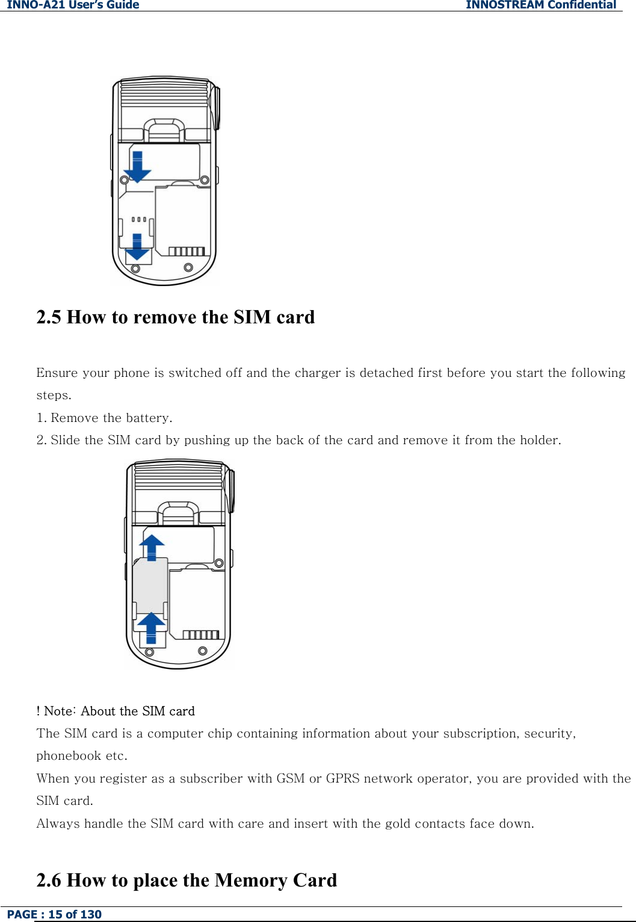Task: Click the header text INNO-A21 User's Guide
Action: [x=73, y=5]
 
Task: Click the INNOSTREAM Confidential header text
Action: [x=540, y=5]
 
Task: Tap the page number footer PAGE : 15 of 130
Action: [x=54, y=914]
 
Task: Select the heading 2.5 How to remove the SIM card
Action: [x=175, y=317]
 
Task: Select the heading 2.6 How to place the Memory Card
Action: [x=187, y=880]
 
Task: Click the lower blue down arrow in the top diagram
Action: [x=137, y=247]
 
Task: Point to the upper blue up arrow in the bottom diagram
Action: [x=152, y=547]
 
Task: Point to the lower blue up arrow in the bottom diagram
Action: [x=152, y=627]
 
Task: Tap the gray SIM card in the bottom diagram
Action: [x=150, y=587]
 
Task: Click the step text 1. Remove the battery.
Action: [x=104, y=418]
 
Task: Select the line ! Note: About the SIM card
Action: [x=116, y=711]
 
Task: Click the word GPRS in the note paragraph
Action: [x=342, y=778]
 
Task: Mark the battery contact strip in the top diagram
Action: [x=187, y=251]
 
